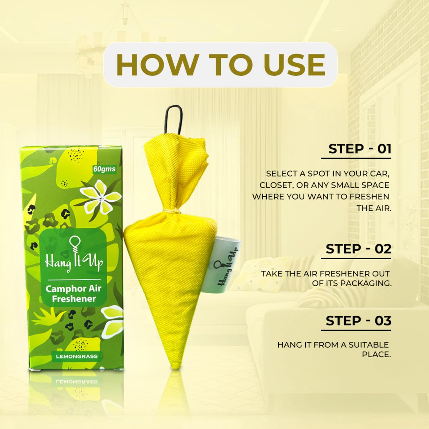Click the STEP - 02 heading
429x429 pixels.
tap(359, 249)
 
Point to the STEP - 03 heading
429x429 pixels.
tap(359, 321)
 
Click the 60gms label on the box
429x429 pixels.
tap(104, 169)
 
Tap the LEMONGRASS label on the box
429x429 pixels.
tap(77, 356)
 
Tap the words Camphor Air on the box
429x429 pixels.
tap(74, 289)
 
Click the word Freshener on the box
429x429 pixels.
tap(74, 298)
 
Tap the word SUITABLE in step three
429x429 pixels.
tap(369, 345)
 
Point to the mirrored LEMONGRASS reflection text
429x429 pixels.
tap(77, 382)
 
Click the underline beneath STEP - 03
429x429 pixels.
tap(356, 330)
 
